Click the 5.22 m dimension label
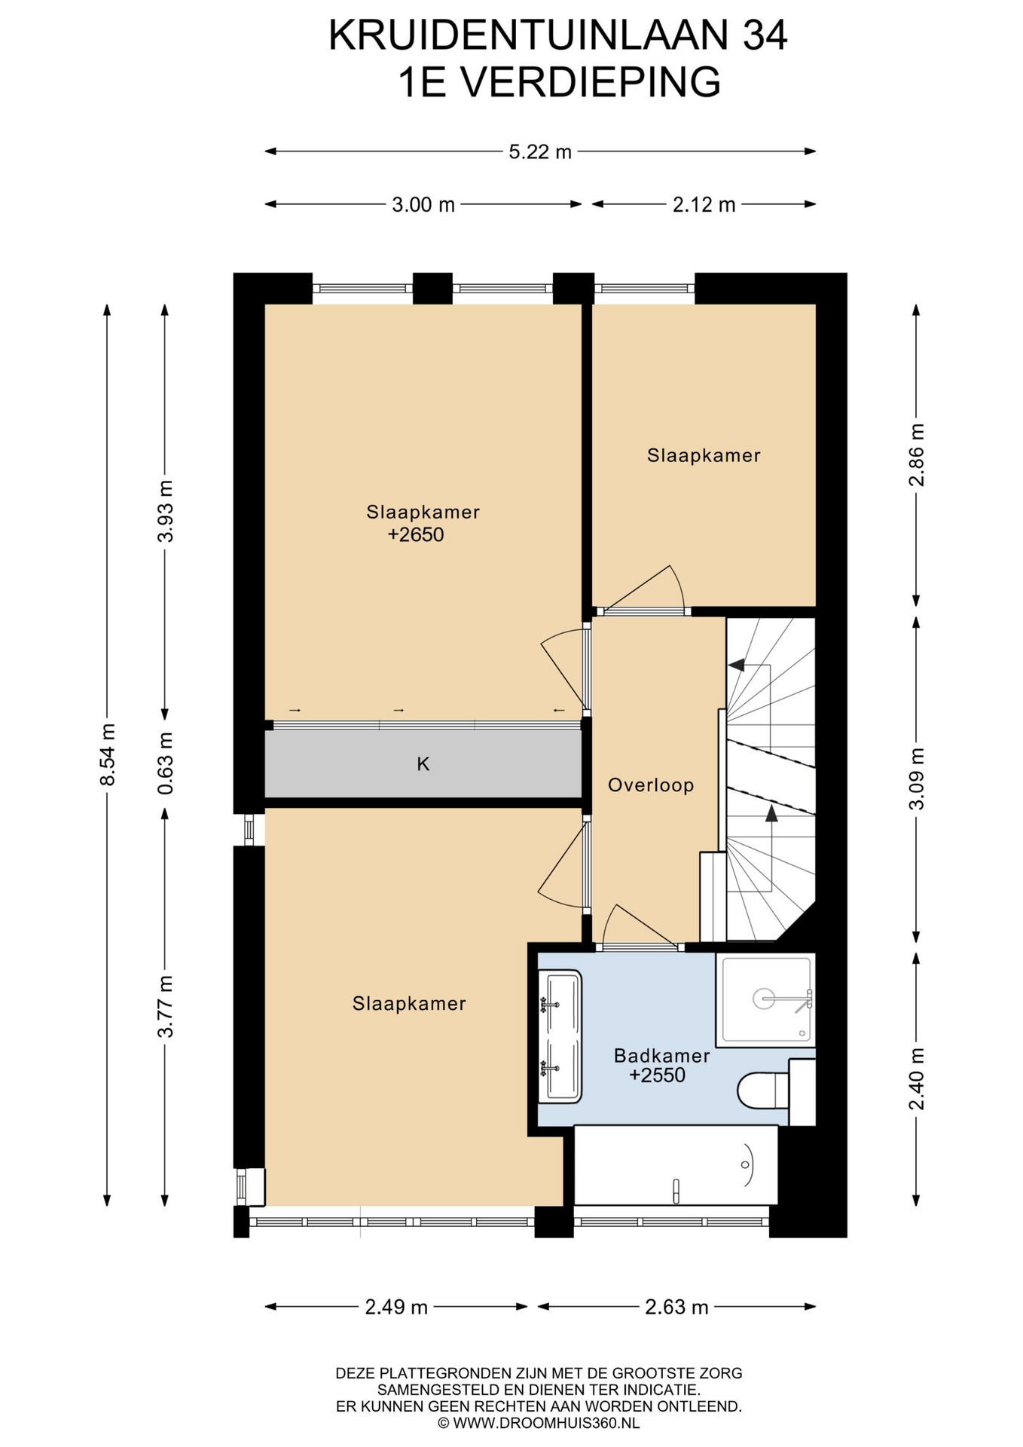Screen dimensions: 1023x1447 tap(540, 152)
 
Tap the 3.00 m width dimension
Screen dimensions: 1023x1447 tap(423, 205)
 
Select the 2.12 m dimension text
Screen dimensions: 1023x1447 tap(704, 205)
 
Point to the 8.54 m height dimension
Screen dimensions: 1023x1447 tap(108, 754)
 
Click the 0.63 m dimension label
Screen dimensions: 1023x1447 tap(165, 763)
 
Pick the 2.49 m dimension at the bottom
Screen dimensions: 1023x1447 tap(396, 1307)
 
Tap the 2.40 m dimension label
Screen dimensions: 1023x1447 tap(917, 1079)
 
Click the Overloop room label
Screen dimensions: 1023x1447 tap(651, 785)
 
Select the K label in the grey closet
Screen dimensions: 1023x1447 tap(423, 764)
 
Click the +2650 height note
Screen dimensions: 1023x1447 tap(416, 535)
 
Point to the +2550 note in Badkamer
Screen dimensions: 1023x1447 tap(658, 1075)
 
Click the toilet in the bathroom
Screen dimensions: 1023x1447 tap(763, 1091)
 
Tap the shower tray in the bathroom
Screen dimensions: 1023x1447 tap(765, 999)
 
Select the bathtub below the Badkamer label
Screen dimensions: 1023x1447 tap(676, 1165)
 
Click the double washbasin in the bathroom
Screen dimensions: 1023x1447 tap(560, 1036)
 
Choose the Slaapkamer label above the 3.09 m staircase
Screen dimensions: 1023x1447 tap(704, 455)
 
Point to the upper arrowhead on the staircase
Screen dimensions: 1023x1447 tap(736, 665)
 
